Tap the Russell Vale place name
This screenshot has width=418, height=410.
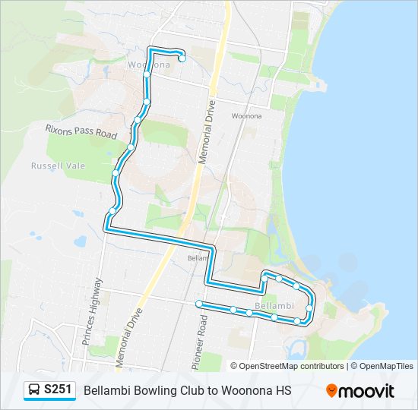pos(58,166)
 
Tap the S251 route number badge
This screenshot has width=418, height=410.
pos(59,390)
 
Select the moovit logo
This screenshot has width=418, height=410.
pos(360,390)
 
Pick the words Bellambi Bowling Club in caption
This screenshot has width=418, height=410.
pos(141,390)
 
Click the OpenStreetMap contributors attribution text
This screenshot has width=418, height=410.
pos(287,366)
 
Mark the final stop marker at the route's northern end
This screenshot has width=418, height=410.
pos(182,58)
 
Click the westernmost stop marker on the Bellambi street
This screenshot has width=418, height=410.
pos(199,304)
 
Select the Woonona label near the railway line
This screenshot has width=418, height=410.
pos(246,116)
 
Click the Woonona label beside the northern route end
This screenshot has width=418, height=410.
pos(148,65)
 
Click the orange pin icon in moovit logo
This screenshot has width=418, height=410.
pos(331,391)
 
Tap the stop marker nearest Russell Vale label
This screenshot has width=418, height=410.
pos(115,174)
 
